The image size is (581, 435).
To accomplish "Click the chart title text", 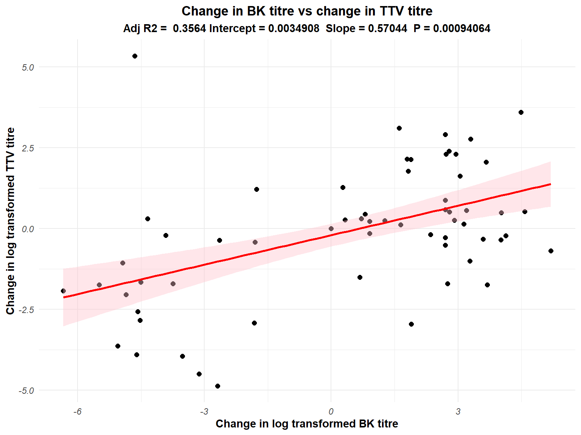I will coord(307,11).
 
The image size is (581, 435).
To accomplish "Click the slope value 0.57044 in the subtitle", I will coord(388,29).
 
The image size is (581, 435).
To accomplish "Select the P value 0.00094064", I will coord(461,29).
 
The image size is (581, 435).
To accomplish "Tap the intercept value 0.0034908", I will coord(294,29).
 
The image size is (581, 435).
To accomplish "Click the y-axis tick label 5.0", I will coord(28,68).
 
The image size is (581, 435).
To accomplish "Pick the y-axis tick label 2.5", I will coord(28,148).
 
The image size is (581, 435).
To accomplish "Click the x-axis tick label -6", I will coord(77,412).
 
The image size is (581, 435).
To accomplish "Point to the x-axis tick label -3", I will coord(204,412).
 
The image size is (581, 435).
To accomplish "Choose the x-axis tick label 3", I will coord(458,412).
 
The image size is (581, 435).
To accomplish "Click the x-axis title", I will coord(307,424).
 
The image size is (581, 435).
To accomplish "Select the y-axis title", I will coord(11,221).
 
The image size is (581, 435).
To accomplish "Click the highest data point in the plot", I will coord(135,56).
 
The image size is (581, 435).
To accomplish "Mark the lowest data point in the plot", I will coord(217,386).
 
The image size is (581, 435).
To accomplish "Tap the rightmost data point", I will coord(551,251).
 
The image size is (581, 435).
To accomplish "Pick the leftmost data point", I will coord(63,291).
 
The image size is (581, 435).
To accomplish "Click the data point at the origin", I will coord(331,228).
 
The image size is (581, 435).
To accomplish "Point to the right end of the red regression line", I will coord(550,184).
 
